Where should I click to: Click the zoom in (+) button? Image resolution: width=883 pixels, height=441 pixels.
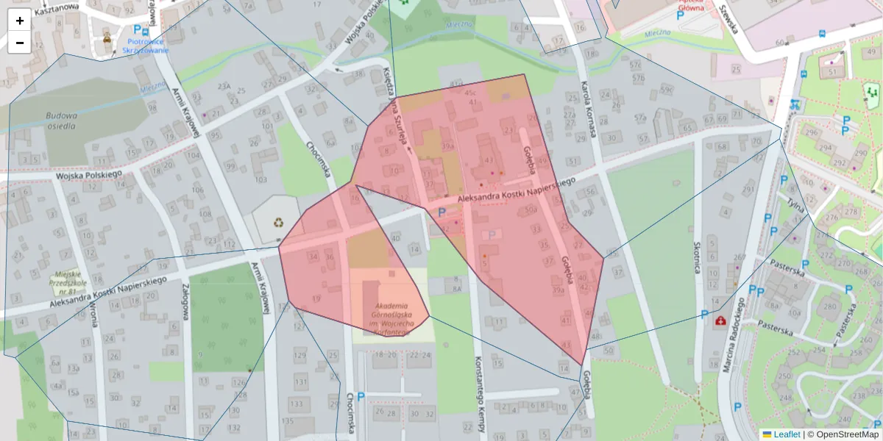coord(20,21)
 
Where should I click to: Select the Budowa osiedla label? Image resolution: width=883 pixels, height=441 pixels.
coord(60,121)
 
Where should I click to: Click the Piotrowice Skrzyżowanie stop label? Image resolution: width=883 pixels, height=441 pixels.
coord(148,46)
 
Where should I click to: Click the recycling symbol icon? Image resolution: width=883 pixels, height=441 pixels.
coord(279,222)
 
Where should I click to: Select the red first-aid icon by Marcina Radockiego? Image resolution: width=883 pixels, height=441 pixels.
coord(719,321)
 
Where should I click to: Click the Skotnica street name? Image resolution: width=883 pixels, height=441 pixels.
coord(697,258)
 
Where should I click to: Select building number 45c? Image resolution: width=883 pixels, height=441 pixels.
coord(470,93)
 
